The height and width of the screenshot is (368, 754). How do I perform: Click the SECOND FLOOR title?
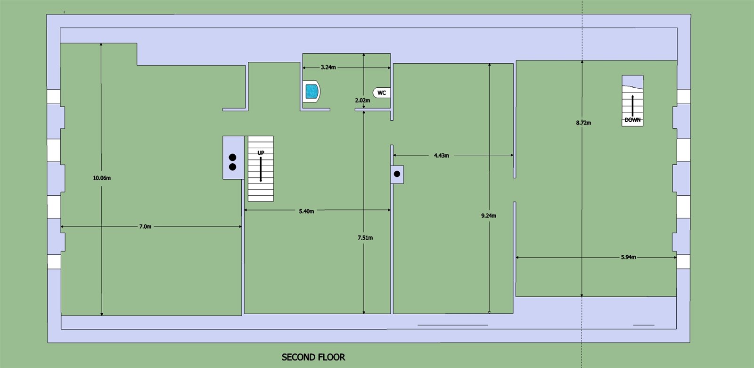(x=313, y=357)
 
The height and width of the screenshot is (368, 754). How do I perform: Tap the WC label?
(x=382, y=93)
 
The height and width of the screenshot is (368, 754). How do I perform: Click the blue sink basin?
(x=311, y=91)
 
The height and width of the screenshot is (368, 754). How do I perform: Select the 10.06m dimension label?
(x=102, y=178)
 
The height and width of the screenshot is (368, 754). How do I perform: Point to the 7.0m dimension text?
(x=145, y=226)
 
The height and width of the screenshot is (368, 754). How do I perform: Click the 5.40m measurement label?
(x=306, y=211)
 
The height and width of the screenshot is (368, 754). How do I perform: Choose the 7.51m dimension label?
(x=365, y=238)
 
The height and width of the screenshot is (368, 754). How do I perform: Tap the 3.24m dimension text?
(x=328, y=67)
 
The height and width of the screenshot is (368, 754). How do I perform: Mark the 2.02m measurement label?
(x=362, y=100)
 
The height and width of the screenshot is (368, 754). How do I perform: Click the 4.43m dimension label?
(x=442, y=155)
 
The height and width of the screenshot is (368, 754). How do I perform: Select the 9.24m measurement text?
(x=489, y=216)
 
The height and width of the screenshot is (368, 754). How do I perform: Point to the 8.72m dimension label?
(x=583, y=123)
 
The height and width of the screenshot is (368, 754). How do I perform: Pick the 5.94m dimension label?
(x=629, y=257)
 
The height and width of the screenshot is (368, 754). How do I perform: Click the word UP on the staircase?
(x=261, y=153)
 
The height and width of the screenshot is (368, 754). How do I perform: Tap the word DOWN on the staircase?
(x=632, y=120)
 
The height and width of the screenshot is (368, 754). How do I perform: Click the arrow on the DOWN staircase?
(x=632, y=106)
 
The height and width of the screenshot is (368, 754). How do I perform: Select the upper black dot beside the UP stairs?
(x=232, y=157)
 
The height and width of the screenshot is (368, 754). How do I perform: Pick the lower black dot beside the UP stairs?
(x=232, y=167)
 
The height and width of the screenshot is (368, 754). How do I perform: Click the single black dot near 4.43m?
(x=397, y=174)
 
